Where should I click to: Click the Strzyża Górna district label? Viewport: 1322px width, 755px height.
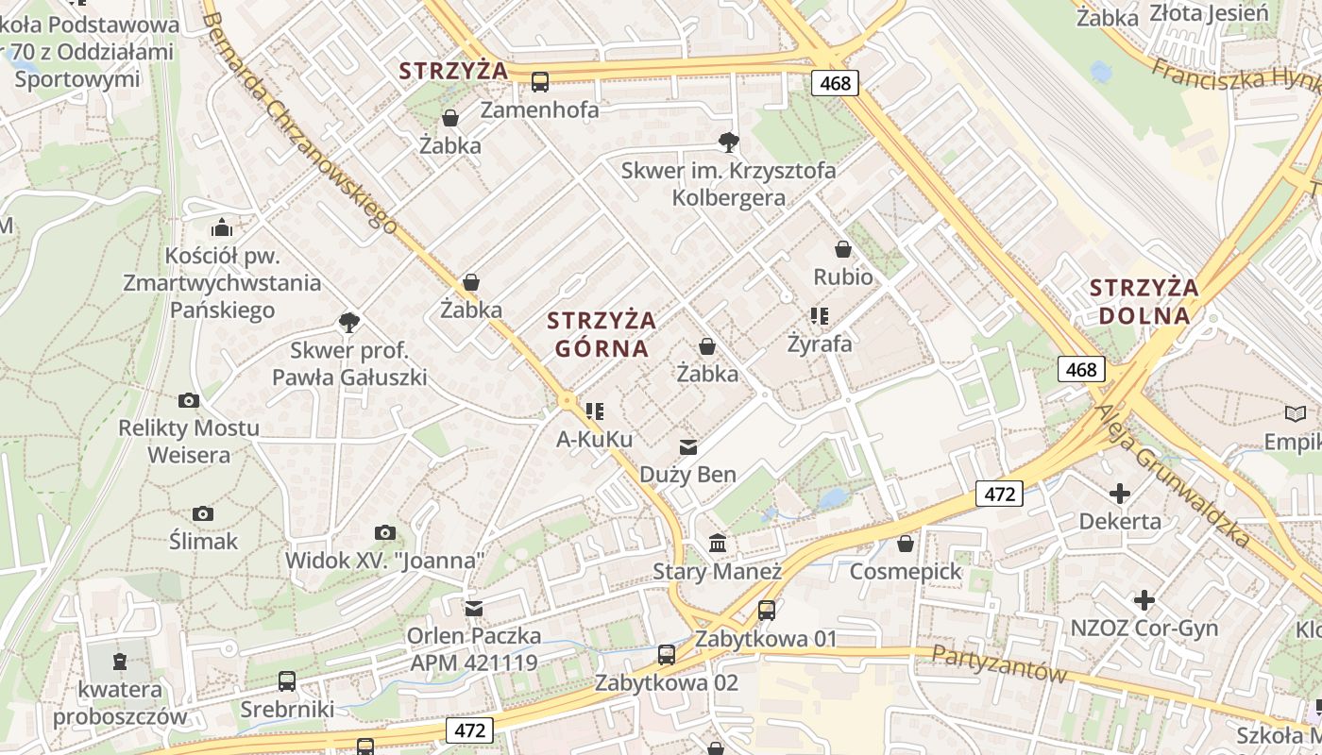pyautogui.click(x=602, y=334)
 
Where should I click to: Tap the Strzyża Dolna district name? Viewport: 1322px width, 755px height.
pyautogui.click(x=1144, y=301)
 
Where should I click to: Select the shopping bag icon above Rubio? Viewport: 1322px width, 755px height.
pyautogui.click(x=843, y=249)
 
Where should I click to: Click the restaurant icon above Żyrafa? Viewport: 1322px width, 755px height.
pyautogui.click(x=819, y=315)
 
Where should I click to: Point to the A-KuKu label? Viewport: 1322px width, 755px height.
pyautogui.click(x=594, y=439)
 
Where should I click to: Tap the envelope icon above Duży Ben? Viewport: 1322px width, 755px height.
pyautogui.click(x=688, y=446)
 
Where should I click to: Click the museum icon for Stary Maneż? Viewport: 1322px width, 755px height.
pyautogui.click(x=718, y=544)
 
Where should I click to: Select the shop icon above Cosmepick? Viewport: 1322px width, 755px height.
pyautogui.click(x=906, y=544)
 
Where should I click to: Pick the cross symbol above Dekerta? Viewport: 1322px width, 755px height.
pyautogui.click(x=1120, y=493)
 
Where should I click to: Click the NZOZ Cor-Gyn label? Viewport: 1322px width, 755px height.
pyautogui.click(x=1144, y=628)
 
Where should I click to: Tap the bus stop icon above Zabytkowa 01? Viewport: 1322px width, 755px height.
pyautogui.click(x=766, y=611)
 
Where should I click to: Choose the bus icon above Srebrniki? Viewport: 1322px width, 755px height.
pyautogui.click(x=286, y=680)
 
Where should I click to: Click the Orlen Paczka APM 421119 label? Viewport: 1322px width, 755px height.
pyautogui.click(x=473, y=648)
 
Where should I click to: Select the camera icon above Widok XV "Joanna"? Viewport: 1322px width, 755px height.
pyautogui.click(x=384, y=533)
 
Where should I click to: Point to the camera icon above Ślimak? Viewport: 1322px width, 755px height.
pyautogui.click(x=203, y=513)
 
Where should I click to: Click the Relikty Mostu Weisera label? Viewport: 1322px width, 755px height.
pyautogui.click(x=188, y=441)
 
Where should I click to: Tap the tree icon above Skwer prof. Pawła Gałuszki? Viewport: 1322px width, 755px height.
pyautogui.click(x=348, y=323)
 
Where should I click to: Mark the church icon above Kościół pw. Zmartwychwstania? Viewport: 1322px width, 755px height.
pyautogui.click(x=222, y=227)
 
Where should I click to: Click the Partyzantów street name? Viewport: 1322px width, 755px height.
pyautogui.click(x=999, y=664)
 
